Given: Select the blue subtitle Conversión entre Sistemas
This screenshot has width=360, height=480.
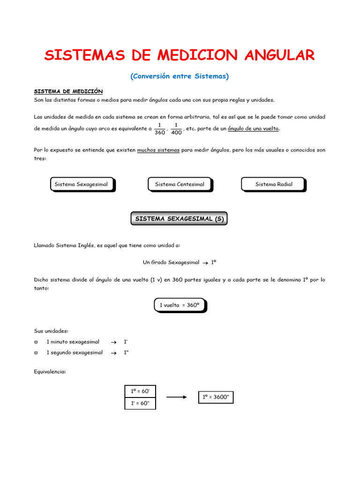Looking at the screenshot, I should [180, 76].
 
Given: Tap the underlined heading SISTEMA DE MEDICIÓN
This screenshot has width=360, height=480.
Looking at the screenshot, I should [68, 91].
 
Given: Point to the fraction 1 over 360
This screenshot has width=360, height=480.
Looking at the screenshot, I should [160, 128].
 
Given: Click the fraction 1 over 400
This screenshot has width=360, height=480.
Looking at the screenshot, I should [176, 128].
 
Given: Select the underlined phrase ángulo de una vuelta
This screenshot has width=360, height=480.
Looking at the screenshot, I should [253, 128].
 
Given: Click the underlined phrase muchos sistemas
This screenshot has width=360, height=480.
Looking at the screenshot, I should [158, 150].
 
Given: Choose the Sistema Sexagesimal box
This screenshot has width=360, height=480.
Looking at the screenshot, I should [81, 184].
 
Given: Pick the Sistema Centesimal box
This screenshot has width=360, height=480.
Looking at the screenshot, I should [180, 184].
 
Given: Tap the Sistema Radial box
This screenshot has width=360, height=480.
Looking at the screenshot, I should [273, 184].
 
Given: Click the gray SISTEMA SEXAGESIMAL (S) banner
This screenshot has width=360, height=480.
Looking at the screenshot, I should [179, 218].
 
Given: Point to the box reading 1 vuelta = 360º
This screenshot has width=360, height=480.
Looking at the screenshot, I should [180, 305].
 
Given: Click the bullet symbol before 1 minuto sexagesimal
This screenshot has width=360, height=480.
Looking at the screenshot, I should [37, 342].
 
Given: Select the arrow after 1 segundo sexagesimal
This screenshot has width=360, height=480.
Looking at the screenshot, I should [113, 353].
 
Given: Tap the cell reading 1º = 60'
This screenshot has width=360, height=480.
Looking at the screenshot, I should [140, 391].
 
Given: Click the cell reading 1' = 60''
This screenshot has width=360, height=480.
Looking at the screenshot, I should [140, 403].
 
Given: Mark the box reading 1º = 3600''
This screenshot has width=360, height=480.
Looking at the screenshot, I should [216, 397].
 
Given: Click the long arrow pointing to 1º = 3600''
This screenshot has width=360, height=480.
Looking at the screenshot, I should [177, 397].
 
